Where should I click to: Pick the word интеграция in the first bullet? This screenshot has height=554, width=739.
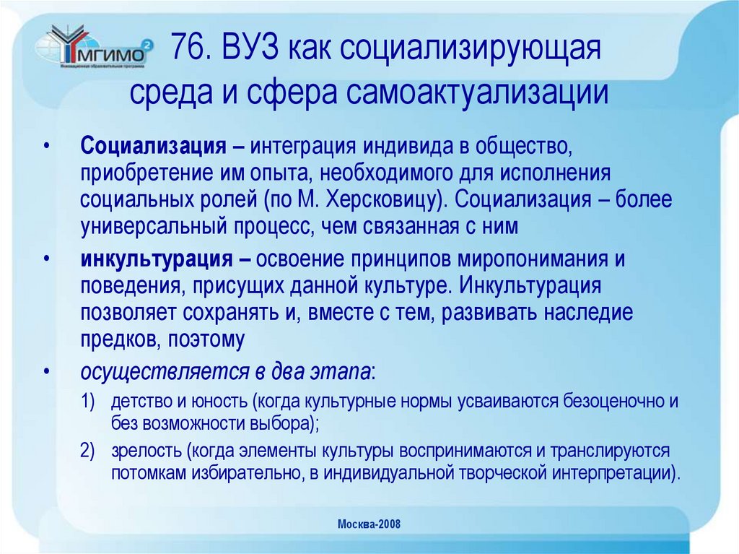[302, 147]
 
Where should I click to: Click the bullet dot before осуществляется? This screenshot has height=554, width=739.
[47, 372]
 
